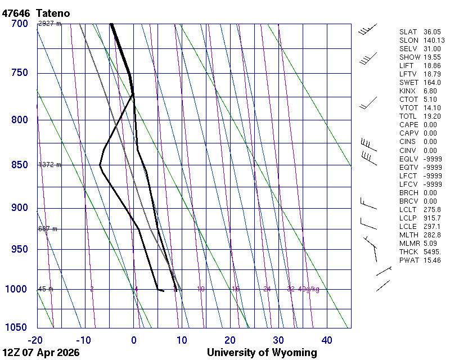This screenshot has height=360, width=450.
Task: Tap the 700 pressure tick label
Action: [x=19, y=24]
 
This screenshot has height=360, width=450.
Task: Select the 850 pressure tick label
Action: [x=19, y=165]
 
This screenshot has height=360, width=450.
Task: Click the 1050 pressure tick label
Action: [x=17, y=327]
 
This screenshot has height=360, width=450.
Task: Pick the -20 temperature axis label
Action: [x=35, y=340]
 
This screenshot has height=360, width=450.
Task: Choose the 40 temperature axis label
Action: [x=327, y=340]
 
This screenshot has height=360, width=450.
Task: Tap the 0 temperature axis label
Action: [x=134, y=340]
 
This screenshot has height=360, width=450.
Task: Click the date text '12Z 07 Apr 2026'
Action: [x=41, y=353]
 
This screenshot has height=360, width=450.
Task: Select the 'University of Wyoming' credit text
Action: [x=262, y=353]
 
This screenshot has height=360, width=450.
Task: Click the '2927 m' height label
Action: [x=49, y=24]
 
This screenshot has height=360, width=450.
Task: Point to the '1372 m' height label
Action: [x=49, y=165]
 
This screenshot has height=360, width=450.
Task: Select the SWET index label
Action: [x=408, y=83]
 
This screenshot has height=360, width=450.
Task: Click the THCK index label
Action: [x=408, y=251]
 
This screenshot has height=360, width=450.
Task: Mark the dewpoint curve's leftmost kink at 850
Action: [x=100, y=165]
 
